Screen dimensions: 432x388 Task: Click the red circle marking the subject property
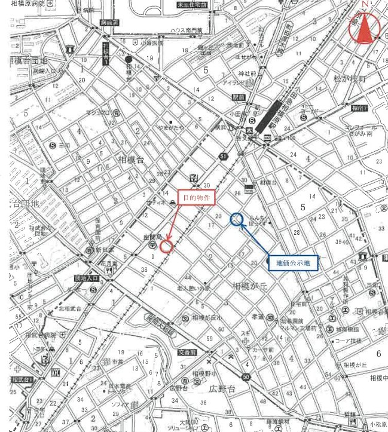[166, 245]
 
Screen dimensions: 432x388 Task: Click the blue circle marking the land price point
[237, 219]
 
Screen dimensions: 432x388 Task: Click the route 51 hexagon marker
[222, 157]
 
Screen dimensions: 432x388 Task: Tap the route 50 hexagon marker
[246, 376]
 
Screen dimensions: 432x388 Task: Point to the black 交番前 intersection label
[187, 352]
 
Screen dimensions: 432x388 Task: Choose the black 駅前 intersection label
[239, 96]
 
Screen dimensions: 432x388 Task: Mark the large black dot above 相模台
[129, 59]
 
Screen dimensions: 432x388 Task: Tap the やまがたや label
[171, 127]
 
